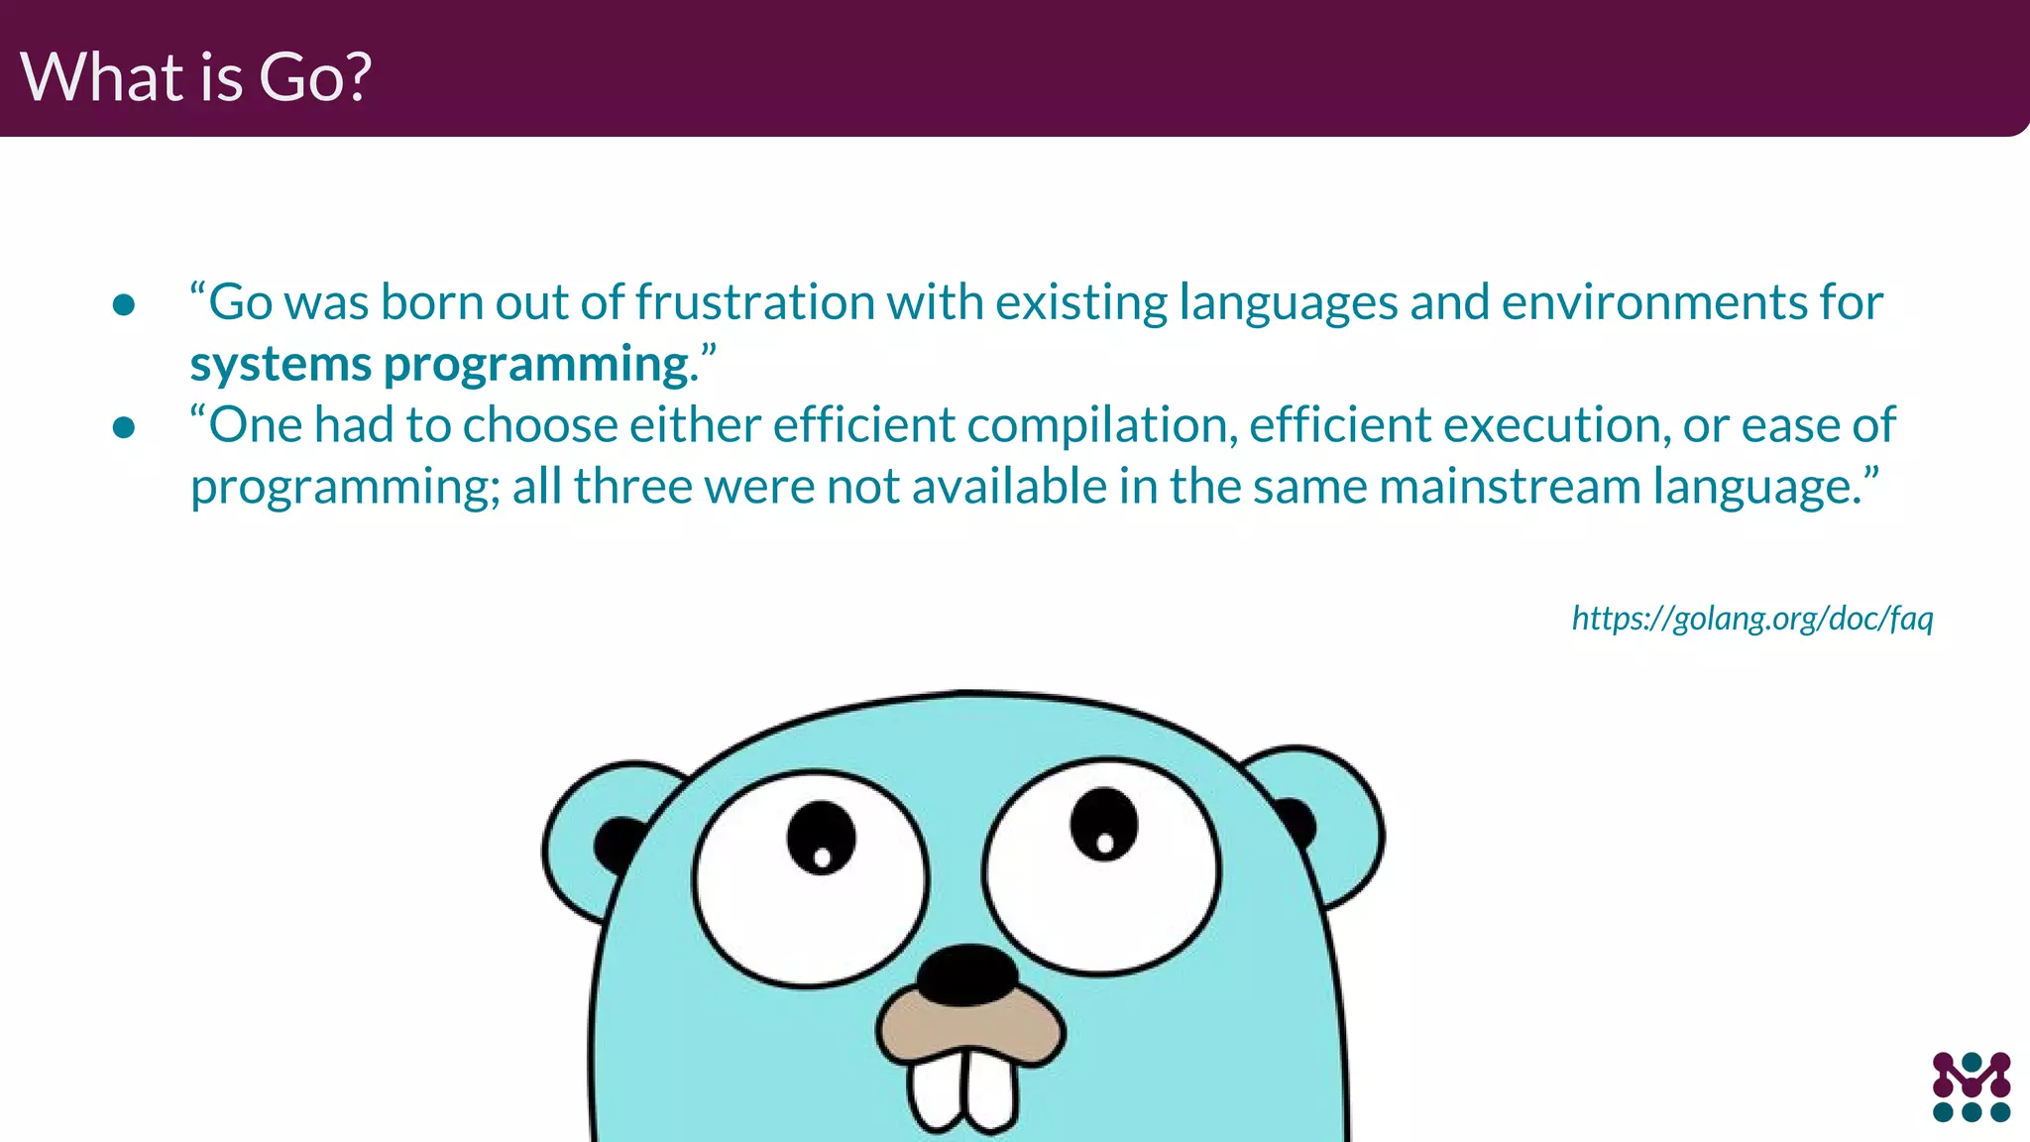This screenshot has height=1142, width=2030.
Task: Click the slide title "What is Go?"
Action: click(x=195, y=76)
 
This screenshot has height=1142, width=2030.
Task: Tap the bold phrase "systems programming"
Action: click(x=439, y=365)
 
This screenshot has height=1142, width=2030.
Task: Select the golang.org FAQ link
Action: click(x=1751, y=619)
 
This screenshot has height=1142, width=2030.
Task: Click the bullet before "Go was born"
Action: click(x=124, y=304)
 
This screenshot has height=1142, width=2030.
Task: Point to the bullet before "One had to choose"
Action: click(x=124, y=427)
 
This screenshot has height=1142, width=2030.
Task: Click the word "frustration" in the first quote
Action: click(x=754, y=302)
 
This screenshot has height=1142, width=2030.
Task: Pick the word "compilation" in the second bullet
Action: click(x=1101, y=425)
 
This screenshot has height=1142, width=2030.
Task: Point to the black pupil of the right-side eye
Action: click(x=1103, y=824)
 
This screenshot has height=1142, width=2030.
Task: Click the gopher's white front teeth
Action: click(x=961, y=1090)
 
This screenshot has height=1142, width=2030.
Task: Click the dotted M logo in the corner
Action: click(x=1971, y=1086)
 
